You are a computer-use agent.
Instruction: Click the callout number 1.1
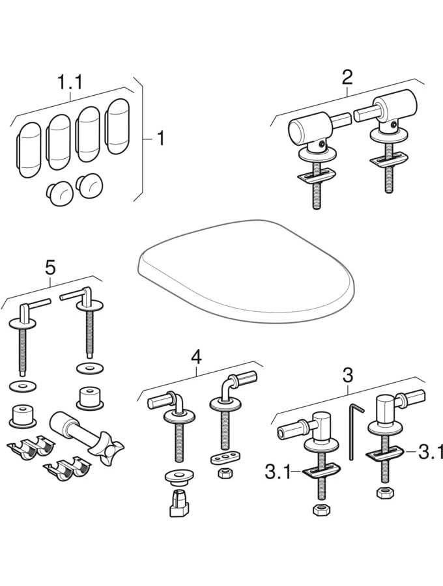click(69, 83)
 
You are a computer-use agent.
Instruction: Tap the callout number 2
click(347, 77)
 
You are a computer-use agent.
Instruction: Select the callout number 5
click(50, 267)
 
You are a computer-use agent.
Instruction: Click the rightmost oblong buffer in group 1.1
click(119, 125)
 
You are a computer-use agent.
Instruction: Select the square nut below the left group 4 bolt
click(179, 503)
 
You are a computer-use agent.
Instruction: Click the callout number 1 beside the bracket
click(158, 139)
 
